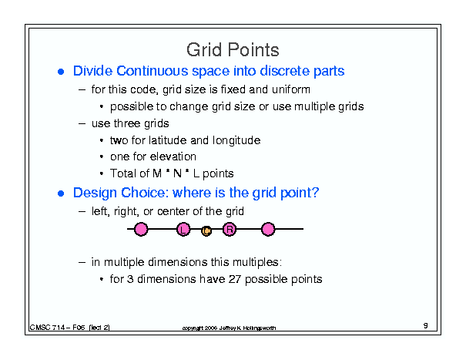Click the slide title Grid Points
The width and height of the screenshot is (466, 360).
coord(233,49)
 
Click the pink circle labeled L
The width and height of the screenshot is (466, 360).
coord(183,230)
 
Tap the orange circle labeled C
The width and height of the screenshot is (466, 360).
coord(206,230)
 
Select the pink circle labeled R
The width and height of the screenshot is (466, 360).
coord(230,230)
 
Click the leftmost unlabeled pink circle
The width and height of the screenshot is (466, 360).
coord(141,230)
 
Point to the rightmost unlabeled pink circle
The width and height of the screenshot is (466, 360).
coord(268,230)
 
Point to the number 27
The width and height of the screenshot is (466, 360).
coord(234,279)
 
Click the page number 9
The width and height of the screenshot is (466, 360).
coord(426,325)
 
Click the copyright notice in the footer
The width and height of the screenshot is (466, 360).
coord(229,328)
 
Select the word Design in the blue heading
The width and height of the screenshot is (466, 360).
coord(95,193)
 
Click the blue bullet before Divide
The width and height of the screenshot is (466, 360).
coord(61,72)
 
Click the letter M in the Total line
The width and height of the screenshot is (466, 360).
coord(157,173)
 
